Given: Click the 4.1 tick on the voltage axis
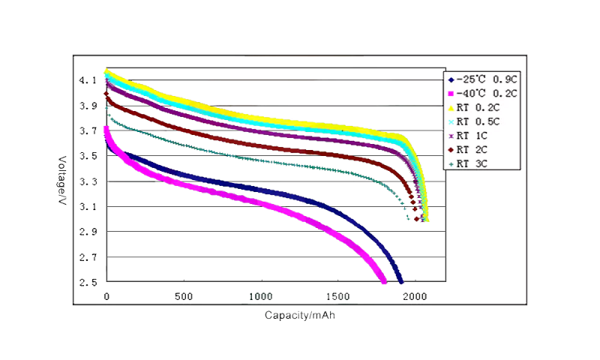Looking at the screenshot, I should [89, 80].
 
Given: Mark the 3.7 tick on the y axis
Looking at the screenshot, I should [89, 130].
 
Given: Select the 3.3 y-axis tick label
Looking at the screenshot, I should [89, 181].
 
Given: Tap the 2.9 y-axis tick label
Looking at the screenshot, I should [89, 232].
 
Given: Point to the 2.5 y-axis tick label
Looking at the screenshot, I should [89, 283].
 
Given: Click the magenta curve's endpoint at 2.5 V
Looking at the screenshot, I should [384, 281].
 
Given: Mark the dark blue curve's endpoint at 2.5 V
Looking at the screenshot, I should [400, 281].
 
